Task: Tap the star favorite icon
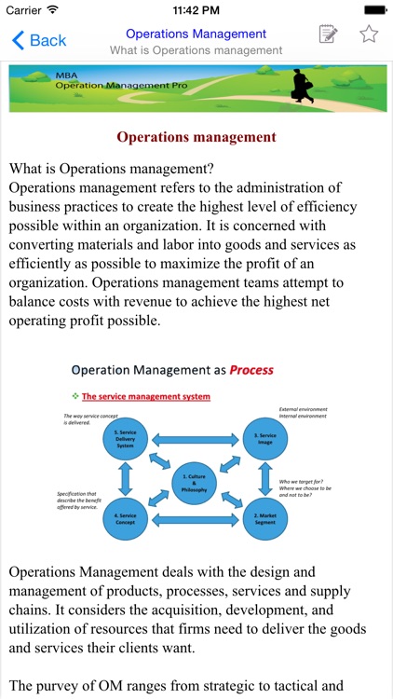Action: (x=369, y=34)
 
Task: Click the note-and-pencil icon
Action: (x=328, y=34)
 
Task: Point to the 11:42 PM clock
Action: (x=196, y=9)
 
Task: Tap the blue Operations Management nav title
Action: (x=196, y=34)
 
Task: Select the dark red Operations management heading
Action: (x=196, y=137)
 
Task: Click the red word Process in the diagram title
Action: (x=252, y=370)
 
